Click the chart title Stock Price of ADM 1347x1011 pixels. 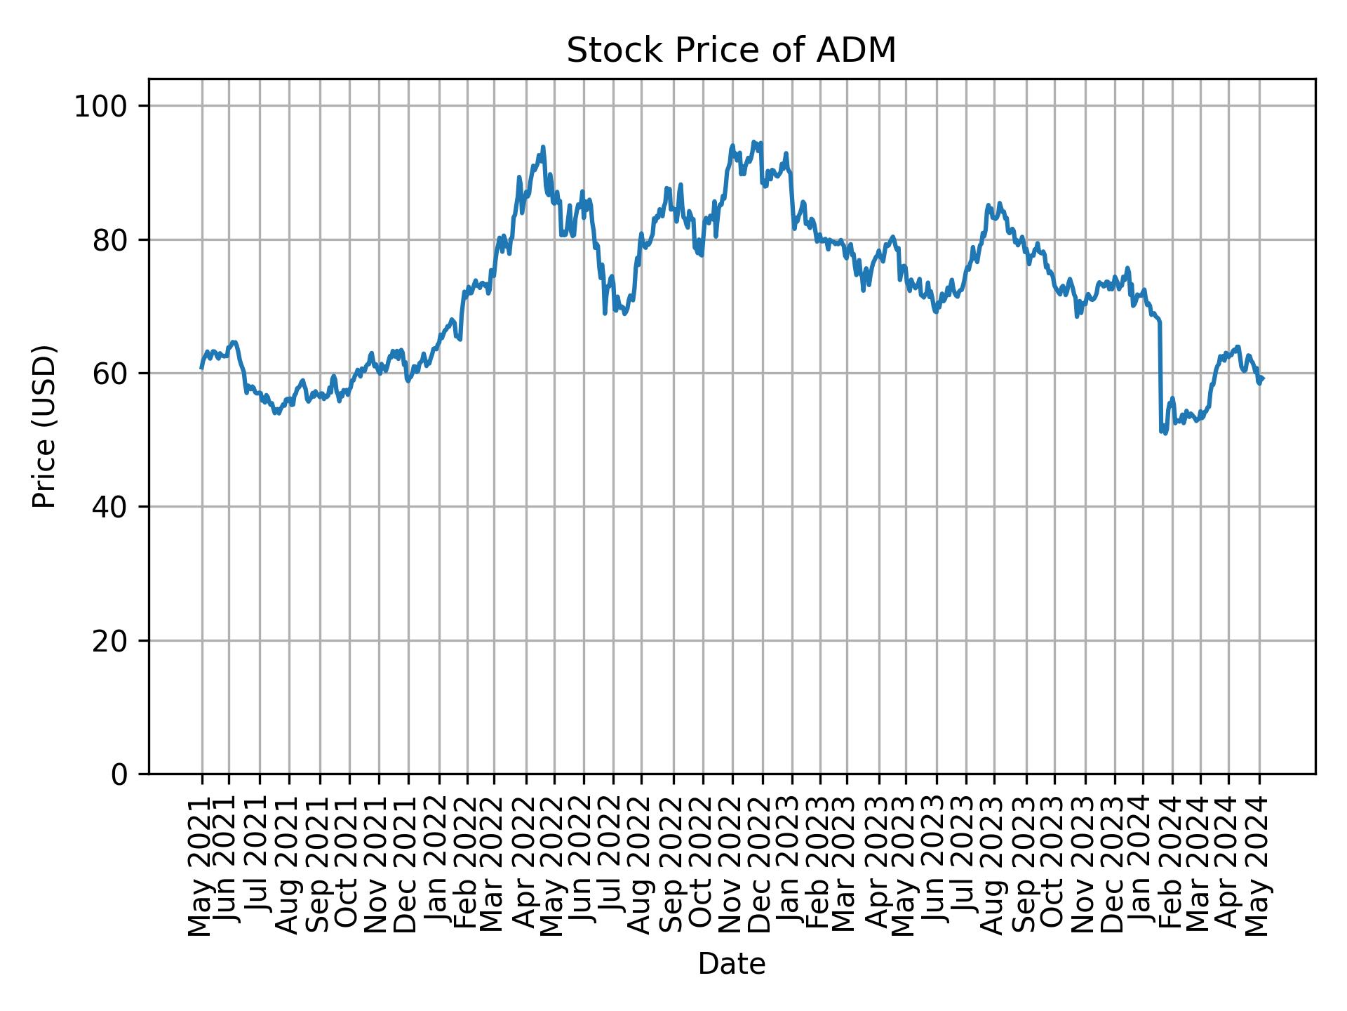click(x=731, y=51)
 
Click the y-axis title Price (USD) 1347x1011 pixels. click(x=44, y=426)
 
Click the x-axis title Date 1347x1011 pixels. click(x=731, y=964)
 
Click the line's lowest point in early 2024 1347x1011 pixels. click(x=1165, y=433)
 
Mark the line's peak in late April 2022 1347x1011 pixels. click(x=543, y=147)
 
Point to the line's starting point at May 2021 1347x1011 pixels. click(x=201, y=368)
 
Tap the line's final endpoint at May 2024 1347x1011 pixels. click(x=1263, y=379)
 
